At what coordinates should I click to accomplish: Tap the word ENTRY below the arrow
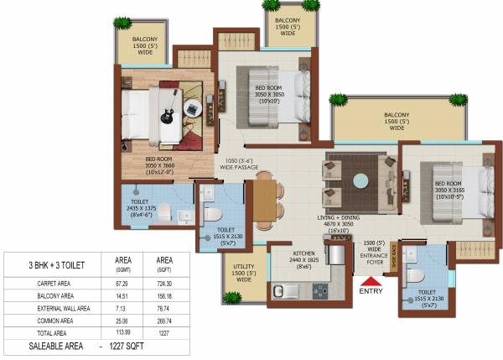370,293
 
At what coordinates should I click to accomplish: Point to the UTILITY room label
244,271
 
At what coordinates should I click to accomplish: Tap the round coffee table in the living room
360,180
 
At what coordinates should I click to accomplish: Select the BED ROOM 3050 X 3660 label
160,165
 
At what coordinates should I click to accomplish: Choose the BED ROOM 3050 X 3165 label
444,189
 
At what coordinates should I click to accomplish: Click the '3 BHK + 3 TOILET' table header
50,266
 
